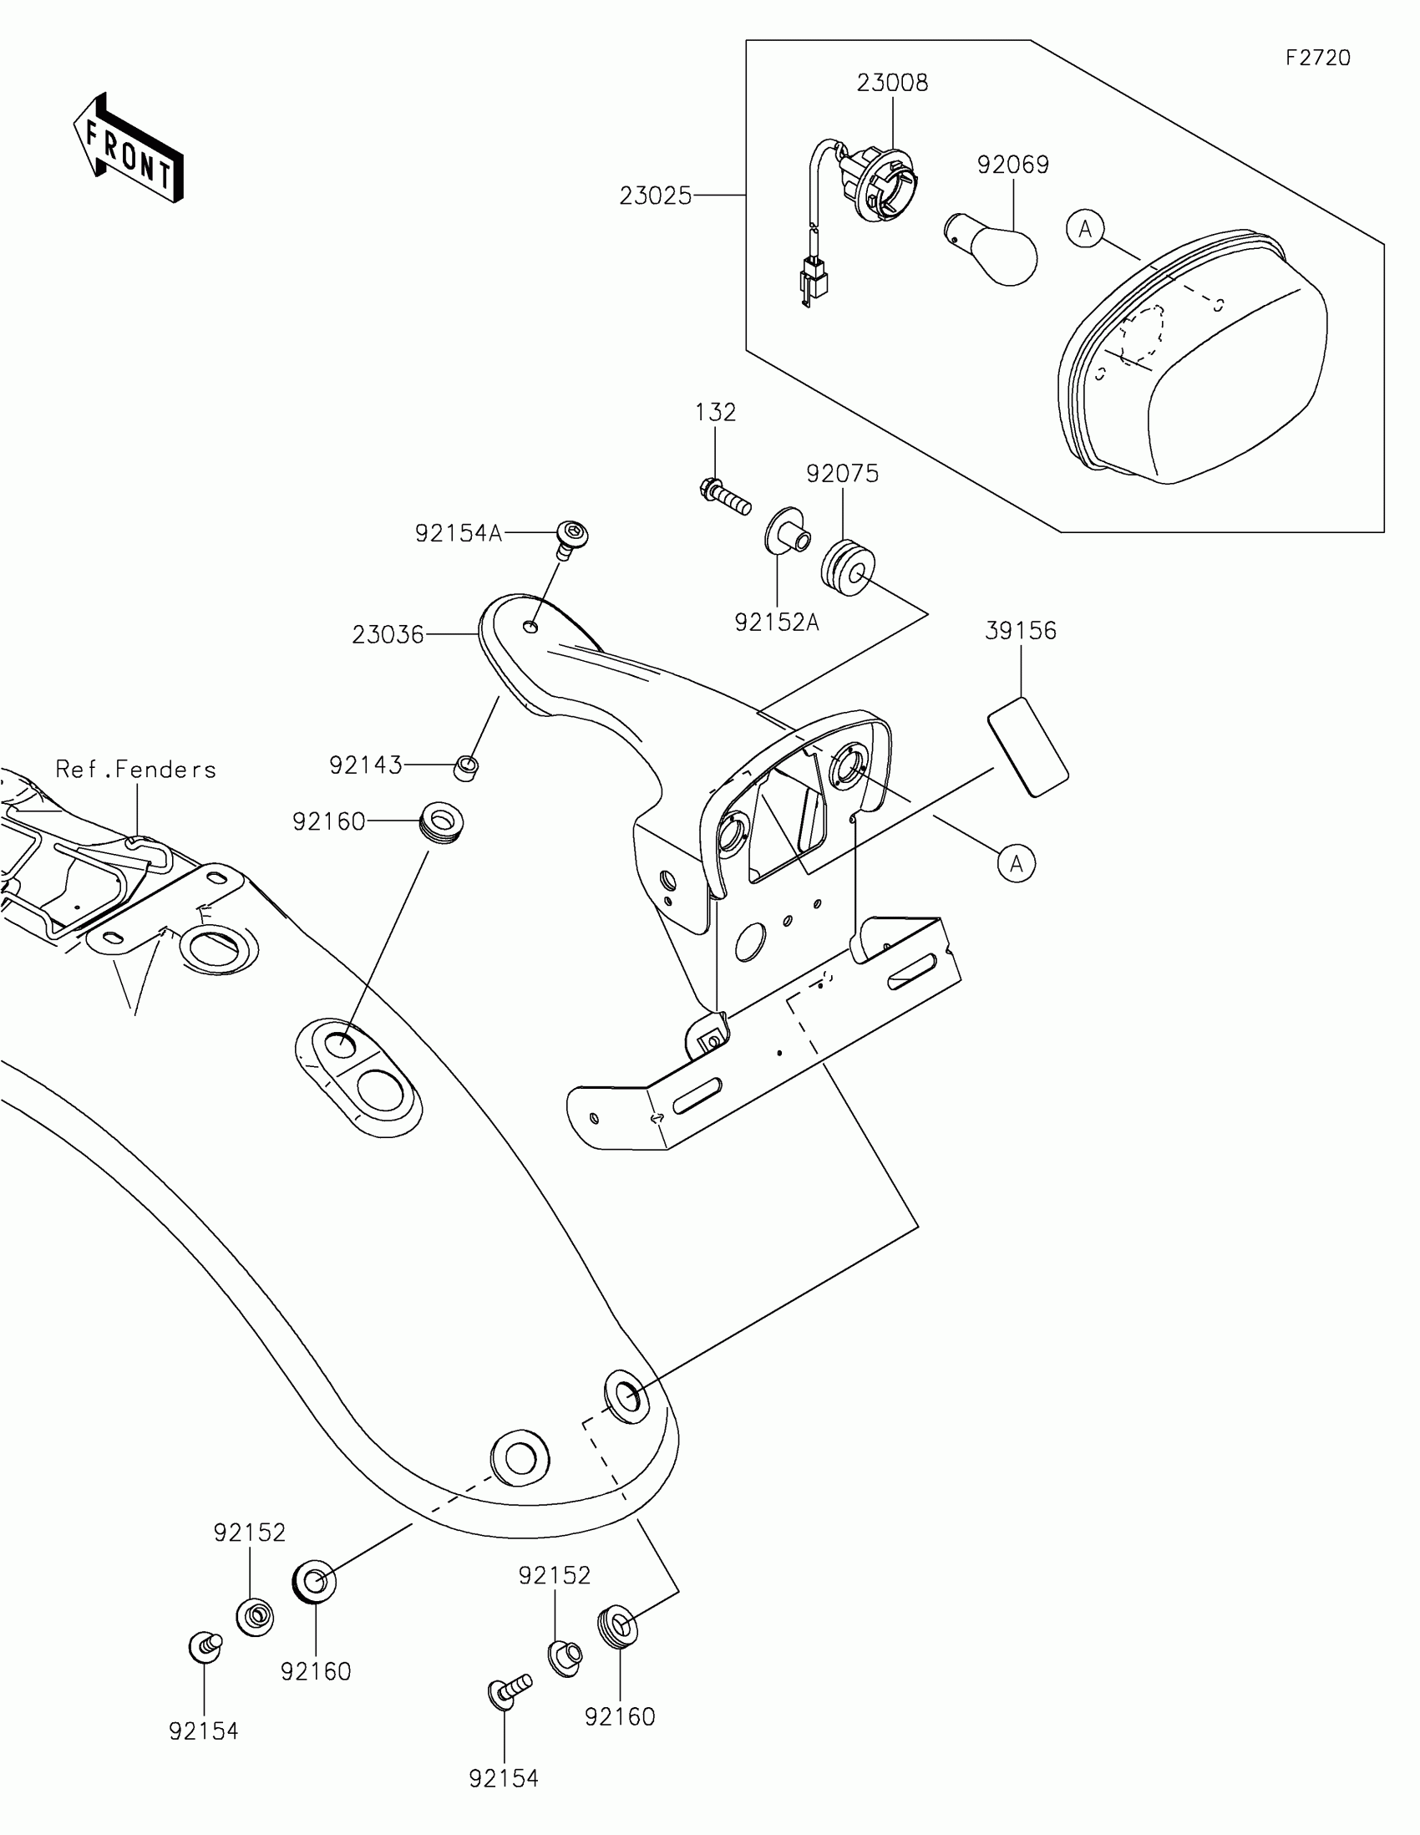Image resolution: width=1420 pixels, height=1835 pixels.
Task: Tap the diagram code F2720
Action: [x=1317, y=58]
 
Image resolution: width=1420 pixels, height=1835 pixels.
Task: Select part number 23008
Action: [x=892, y=84]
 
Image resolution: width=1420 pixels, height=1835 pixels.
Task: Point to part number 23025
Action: [x=656, y=196]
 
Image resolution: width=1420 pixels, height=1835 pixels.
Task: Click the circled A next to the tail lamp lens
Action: [x=1085, y=228]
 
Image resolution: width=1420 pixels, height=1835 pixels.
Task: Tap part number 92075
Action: [x=842, y=474]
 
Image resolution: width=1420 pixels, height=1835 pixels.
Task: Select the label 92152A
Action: [x=777, y=623]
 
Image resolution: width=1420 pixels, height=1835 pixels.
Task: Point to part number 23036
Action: [x=388, y=634]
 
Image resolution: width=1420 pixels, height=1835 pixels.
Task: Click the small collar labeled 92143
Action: [x=467, y=767]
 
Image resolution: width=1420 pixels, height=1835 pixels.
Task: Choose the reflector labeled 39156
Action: [x=1028, y=746]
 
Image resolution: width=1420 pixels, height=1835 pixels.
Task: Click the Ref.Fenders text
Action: [x=136, y=770]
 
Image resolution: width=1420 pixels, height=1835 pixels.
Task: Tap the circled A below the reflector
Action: [x=1016, y=864]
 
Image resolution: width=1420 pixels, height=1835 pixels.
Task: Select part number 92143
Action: [x=365, y=765]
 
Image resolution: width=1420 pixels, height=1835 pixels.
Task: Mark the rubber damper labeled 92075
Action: [x=848, y=569]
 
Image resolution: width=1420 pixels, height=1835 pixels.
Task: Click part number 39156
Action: [x=1020, y=631]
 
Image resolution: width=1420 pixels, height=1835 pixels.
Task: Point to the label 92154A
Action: [x=459, y=533]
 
